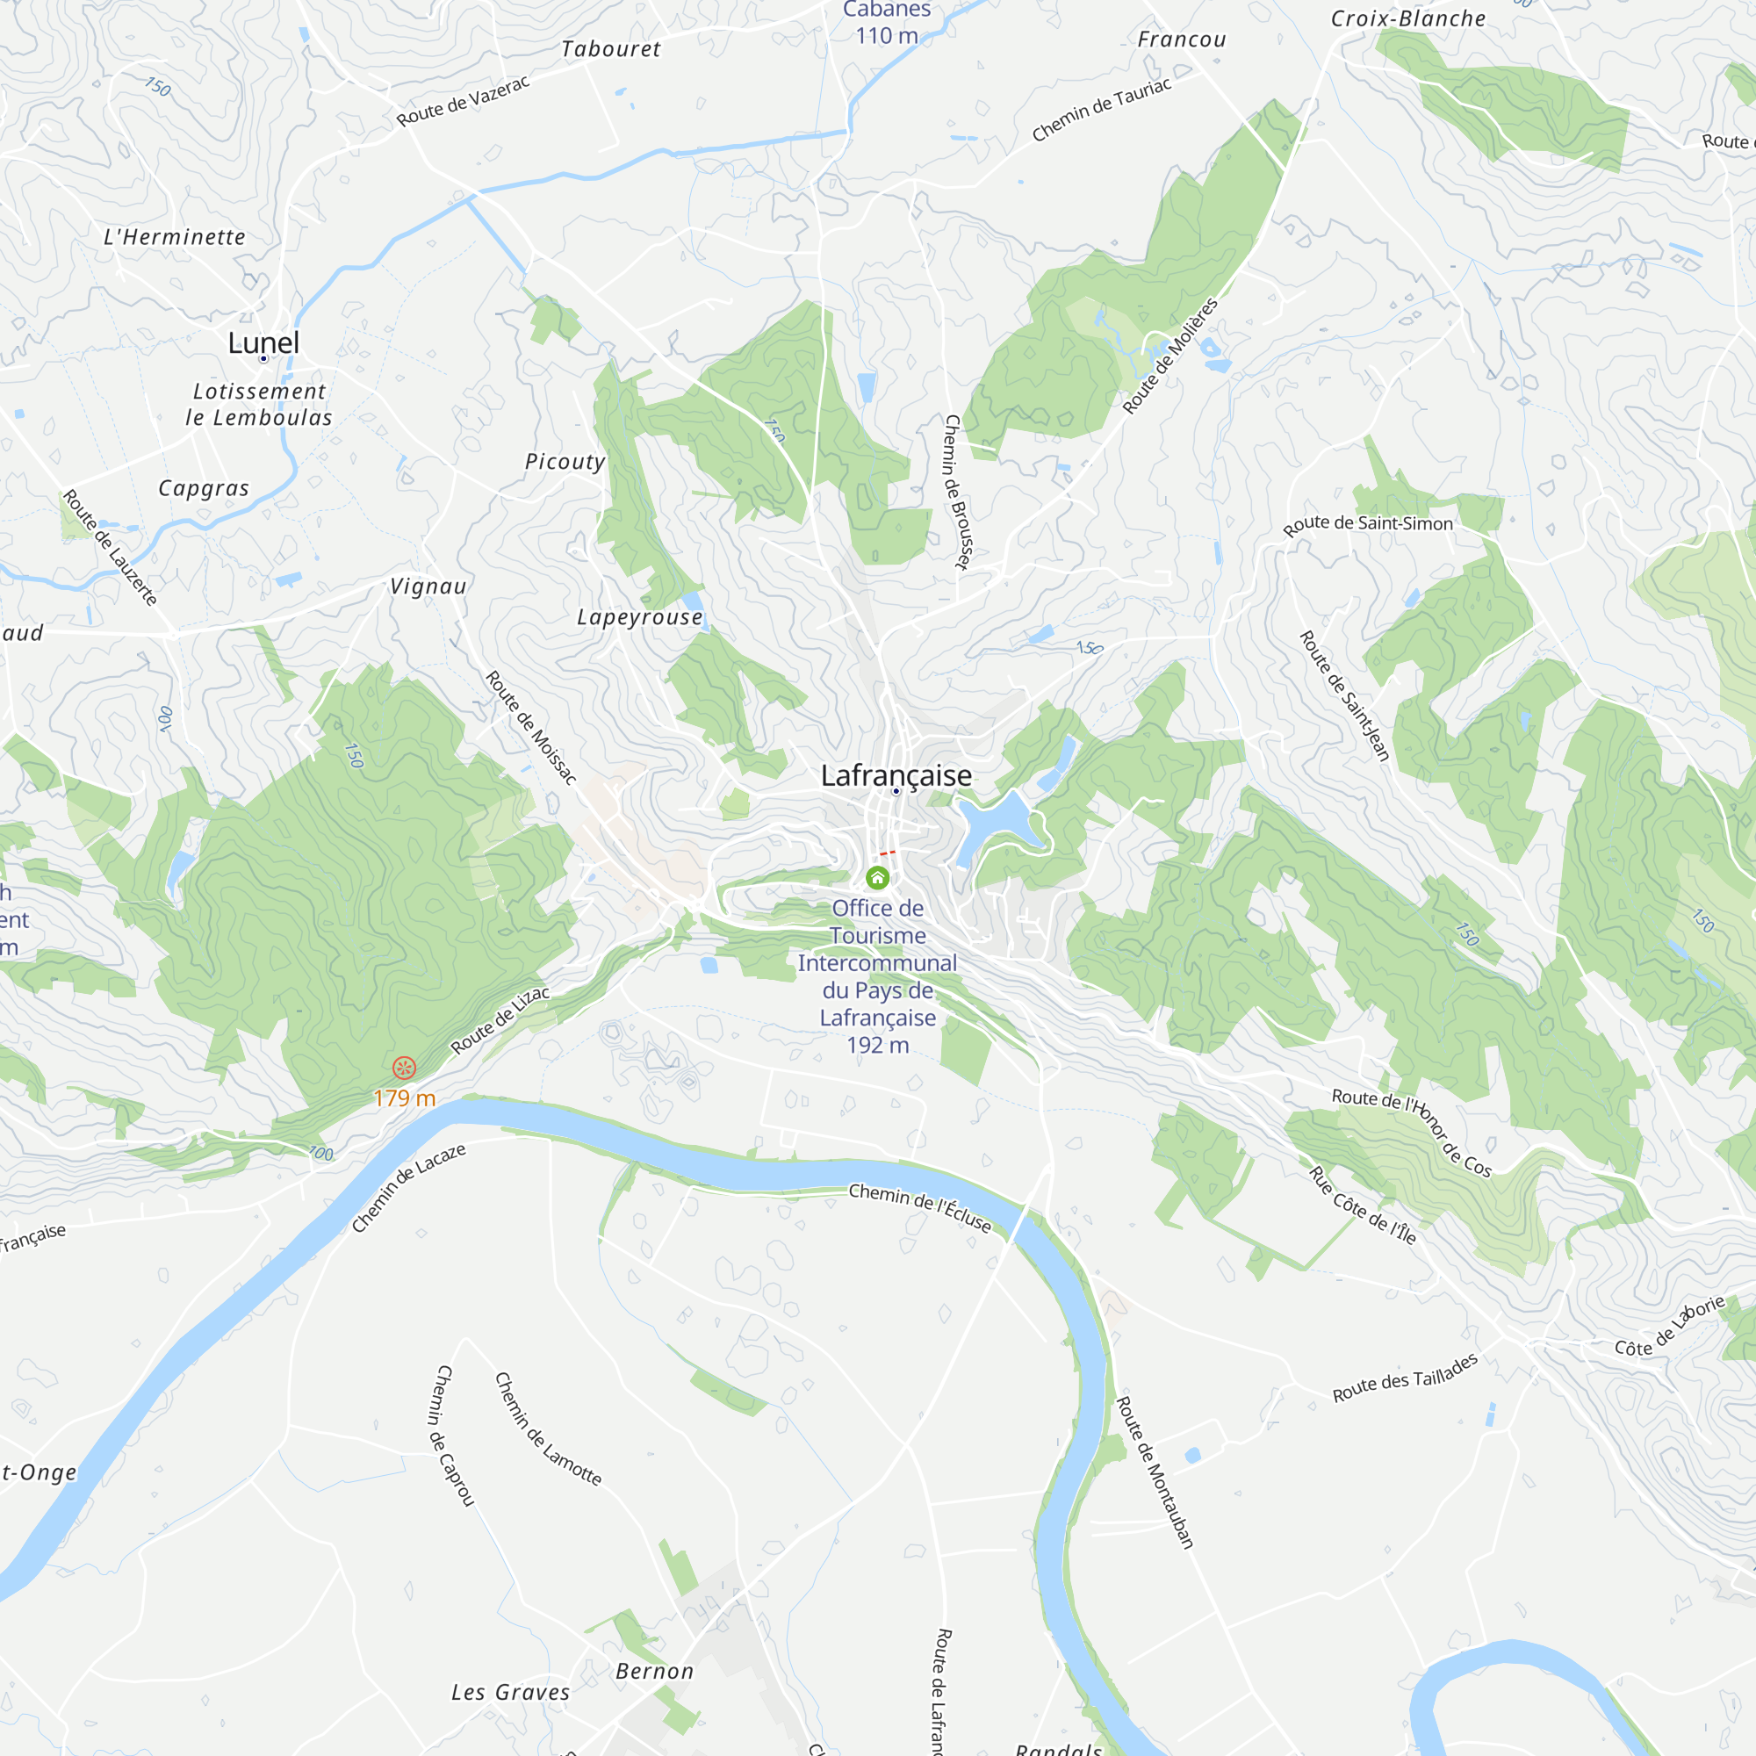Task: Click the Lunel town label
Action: point(263,342)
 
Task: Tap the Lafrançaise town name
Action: point(896,775)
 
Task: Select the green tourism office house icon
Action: point(877,877)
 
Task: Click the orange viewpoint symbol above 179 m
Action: point(405,1067)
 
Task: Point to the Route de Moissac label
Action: point(531,727)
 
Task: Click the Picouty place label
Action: point(565,462)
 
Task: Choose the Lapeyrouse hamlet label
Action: point(640,617)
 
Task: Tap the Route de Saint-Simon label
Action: point(1367,524)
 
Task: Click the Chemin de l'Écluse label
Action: point(920,1207)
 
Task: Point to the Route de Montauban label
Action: point(1155,1472)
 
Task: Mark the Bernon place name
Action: point(654,1672)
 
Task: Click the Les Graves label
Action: point(511,1693)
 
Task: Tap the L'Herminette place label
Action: point(175,237)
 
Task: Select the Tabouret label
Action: point(611,49)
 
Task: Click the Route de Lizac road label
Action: point(500,1019)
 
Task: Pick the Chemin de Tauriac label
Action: point(1102,110)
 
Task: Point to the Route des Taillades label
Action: point(1405,1378)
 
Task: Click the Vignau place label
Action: point(428,587)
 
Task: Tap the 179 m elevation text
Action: point(405,1099)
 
